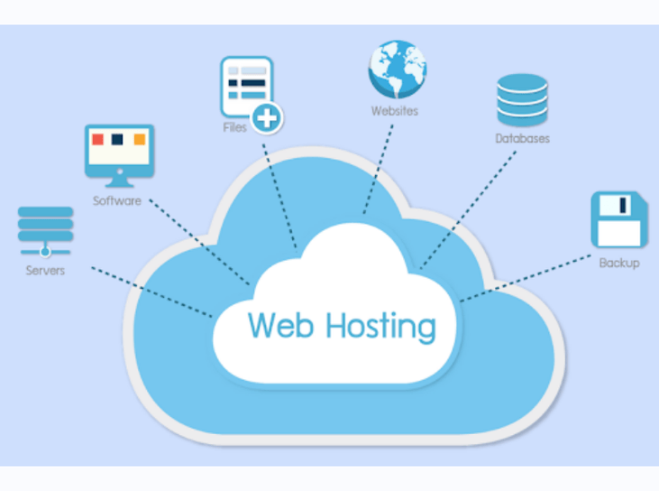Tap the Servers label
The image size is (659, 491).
(x=45, y=270)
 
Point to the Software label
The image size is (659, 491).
(x=117, y=201)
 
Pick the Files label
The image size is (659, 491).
(x=234, y=128)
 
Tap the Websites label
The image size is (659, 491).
(x=395, y=112)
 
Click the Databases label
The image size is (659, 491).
(x=522, y=139)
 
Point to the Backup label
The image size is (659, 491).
(x=619, y=264)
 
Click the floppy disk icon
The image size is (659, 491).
(x=618, y=219)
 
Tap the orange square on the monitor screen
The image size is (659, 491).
(x=140, y=140)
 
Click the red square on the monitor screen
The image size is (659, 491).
(x=97, y=140)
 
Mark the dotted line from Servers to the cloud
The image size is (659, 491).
(x=149, y=290)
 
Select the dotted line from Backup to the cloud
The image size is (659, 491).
(x=532, y=276)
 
